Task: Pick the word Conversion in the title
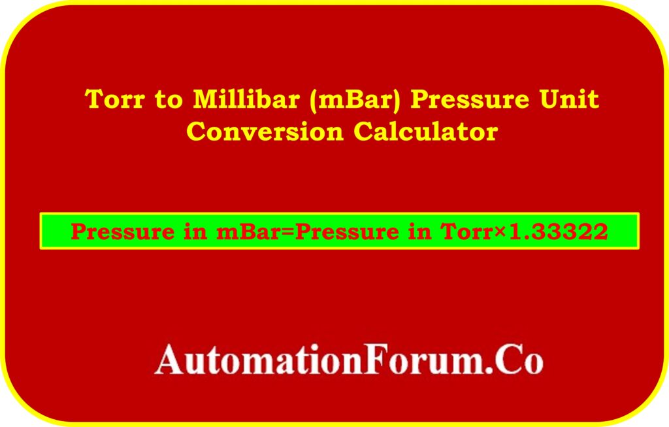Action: pyautogui.click(x=265, y=131)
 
